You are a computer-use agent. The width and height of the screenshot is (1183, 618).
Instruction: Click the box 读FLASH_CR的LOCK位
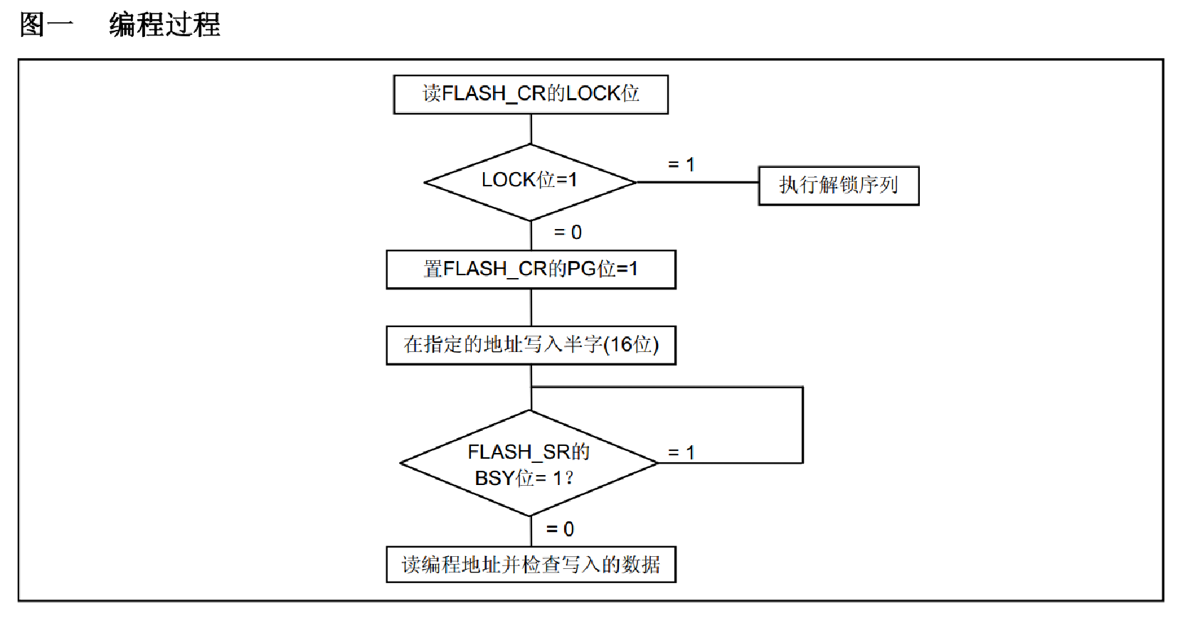531,95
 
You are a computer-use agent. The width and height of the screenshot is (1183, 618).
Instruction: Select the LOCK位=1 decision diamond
530,182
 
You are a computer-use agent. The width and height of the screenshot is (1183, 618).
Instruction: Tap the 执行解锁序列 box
839,186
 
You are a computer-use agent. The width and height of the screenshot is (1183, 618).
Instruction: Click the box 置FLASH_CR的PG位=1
531,270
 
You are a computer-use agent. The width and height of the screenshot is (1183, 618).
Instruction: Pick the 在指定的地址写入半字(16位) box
531,346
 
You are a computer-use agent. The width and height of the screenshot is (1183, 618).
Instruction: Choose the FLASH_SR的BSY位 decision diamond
530,463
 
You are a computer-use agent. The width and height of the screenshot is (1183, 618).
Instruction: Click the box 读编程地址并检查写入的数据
531,565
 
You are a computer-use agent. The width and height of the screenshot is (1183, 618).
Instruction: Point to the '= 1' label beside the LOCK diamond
681,165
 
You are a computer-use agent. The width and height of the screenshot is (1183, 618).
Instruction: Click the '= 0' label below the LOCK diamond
568,233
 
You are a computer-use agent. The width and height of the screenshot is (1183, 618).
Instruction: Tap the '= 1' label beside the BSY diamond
681,452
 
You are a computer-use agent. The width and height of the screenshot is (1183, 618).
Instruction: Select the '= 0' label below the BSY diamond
560,529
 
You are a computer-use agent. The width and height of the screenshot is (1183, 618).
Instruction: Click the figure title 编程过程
164,25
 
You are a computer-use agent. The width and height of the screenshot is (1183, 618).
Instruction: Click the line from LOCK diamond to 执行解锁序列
697,183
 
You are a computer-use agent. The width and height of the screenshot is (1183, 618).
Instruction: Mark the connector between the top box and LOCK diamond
531,129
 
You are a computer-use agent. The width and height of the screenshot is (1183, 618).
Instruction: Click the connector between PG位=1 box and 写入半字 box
531,307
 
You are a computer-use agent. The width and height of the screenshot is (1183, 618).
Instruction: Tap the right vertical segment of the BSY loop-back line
802,425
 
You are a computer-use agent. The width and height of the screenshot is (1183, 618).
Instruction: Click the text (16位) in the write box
631,345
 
